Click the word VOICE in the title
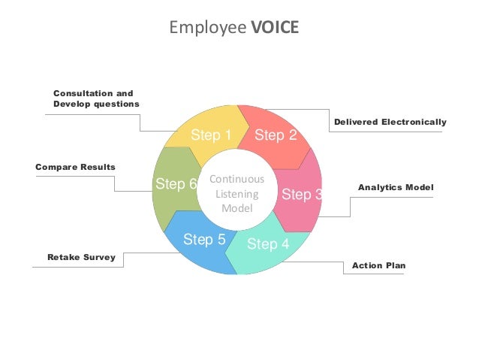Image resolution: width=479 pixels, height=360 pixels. click(275, 28)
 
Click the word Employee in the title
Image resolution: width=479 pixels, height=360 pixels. click(207, 29)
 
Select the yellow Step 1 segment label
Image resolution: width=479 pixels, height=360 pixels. click(211, 135)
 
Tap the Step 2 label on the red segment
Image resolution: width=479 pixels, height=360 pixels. click(276, 135)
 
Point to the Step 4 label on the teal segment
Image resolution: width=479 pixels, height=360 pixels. click(267, 244)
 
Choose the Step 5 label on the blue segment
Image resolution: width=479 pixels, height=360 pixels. click(204, 240)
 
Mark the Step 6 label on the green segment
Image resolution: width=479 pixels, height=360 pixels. click(176, 184)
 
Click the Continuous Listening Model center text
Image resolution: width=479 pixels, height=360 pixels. click(236, 194)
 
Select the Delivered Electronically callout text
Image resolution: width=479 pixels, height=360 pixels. click(389, 122)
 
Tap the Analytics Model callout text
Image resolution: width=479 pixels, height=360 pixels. click(396, 186)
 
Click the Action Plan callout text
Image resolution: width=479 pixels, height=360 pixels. click(378, 266)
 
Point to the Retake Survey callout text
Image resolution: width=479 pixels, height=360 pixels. click(81, 257)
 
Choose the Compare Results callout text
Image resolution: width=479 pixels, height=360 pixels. click(75, 166)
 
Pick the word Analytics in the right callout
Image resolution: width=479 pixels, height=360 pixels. click(380, 186)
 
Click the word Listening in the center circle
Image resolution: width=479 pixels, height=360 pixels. click(236, 194)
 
